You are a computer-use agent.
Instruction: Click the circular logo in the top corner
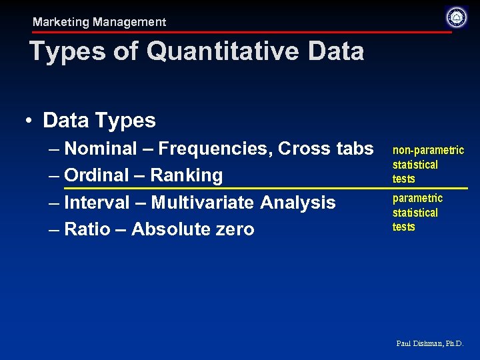coord(457,17)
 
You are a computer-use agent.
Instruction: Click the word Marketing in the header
coord(61,22)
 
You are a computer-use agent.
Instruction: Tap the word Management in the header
coord(129,22)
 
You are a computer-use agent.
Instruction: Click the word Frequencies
coord(213,148)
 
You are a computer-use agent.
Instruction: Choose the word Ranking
coord(186,175)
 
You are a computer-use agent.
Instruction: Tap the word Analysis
coord(298,202)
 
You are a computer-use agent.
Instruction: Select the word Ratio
coord(86,229)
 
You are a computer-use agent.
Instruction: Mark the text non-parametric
coord(428,150)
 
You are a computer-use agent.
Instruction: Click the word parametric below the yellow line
coord(417,198)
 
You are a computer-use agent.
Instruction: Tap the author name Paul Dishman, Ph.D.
coord(429,343)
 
